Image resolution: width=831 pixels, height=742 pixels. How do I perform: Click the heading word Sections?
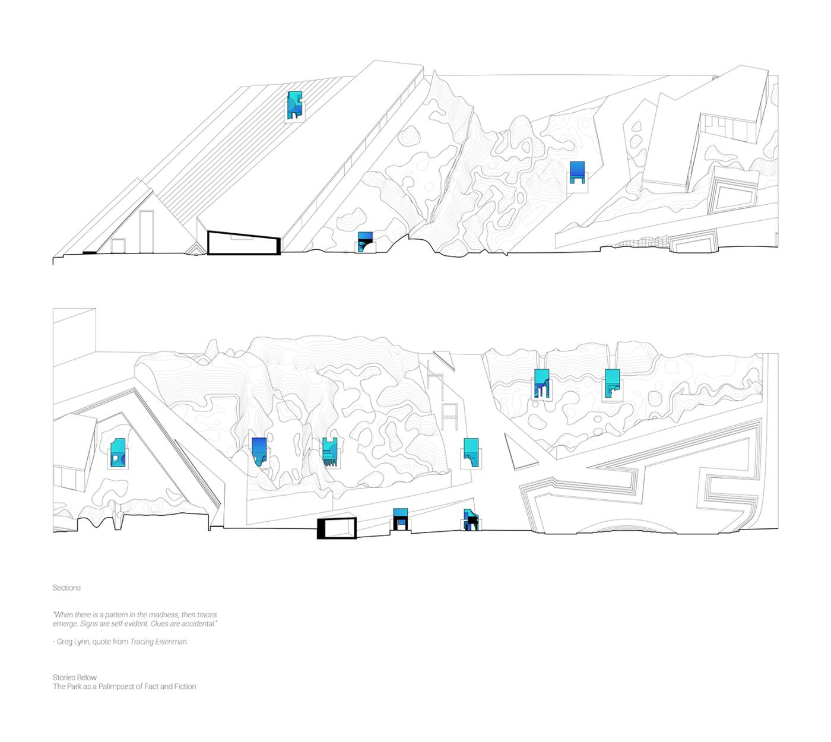tap(66, 588)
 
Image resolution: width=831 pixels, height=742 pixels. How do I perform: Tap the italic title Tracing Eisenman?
tap(158, 642)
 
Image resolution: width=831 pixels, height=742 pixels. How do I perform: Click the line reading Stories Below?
tap(75, 677)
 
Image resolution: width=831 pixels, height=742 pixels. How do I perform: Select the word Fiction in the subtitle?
tap(185, 686)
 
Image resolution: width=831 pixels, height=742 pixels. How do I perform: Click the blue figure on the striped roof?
tap(294, 105)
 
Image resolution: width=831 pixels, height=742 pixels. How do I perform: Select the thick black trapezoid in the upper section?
tap(244, 243)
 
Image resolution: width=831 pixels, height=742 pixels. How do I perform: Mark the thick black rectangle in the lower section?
tap(337, 528)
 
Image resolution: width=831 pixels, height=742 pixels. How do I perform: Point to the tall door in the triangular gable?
tap(146, 232)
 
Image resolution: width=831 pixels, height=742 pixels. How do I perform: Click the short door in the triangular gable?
tap(118, 246)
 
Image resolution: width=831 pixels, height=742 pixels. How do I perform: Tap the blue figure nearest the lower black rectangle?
tap(400, 519)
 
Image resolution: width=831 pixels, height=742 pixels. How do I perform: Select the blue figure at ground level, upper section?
tap(365, 242)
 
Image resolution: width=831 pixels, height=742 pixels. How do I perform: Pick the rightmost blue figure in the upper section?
tap(577, 172)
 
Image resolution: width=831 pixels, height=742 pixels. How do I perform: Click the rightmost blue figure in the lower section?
tap(612, 383)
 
